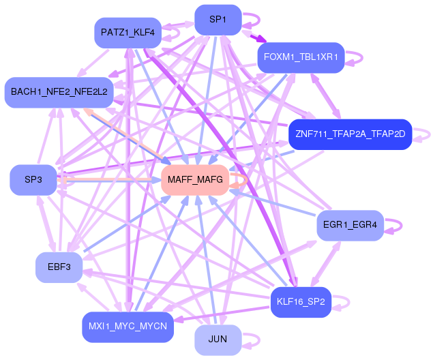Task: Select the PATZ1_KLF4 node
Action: (128, 32)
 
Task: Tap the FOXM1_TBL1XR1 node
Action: (301, 57)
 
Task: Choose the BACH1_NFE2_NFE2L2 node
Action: (59, 92)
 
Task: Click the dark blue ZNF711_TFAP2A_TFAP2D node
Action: (350, 134)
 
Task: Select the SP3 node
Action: (33, 180)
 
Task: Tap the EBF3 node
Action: (59, 267)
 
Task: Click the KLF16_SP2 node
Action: (301, 301)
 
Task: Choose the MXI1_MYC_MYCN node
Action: (128, 327)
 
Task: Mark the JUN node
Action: (218, 339)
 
